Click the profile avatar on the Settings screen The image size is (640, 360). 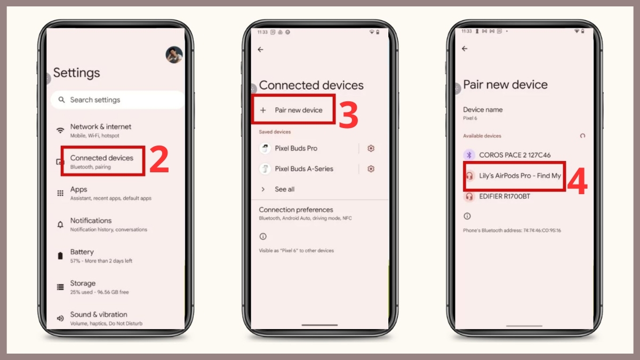[x=174, y=55]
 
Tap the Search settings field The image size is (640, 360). [x=117, y=100]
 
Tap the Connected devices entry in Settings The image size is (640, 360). [x=102, y=161]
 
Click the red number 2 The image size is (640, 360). [x=159, y=160]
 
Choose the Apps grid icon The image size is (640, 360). [x=60, y=193]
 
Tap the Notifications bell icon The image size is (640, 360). [x=60, y=225]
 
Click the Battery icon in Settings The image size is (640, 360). [x=60, y=256]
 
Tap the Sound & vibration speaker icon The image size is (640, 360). [x=60, y=318]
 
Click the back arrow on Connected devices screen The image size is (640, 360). [x=260, y=50]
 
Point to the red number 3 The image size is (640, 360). [x=348, y=116]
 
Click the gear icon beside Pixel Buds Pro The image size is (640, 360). [x=371, y=148]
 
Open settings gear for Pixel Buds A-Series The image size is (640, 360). [x=371, y=169]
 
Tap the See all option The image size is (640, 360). [x=284, y=189]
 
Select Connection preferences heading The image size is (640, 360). [x=295, y=210]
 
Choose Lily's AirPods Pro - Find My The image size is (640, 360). [x=519, y=175]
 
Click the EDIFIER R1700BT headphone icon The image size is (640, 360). [x=469, y=196]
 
